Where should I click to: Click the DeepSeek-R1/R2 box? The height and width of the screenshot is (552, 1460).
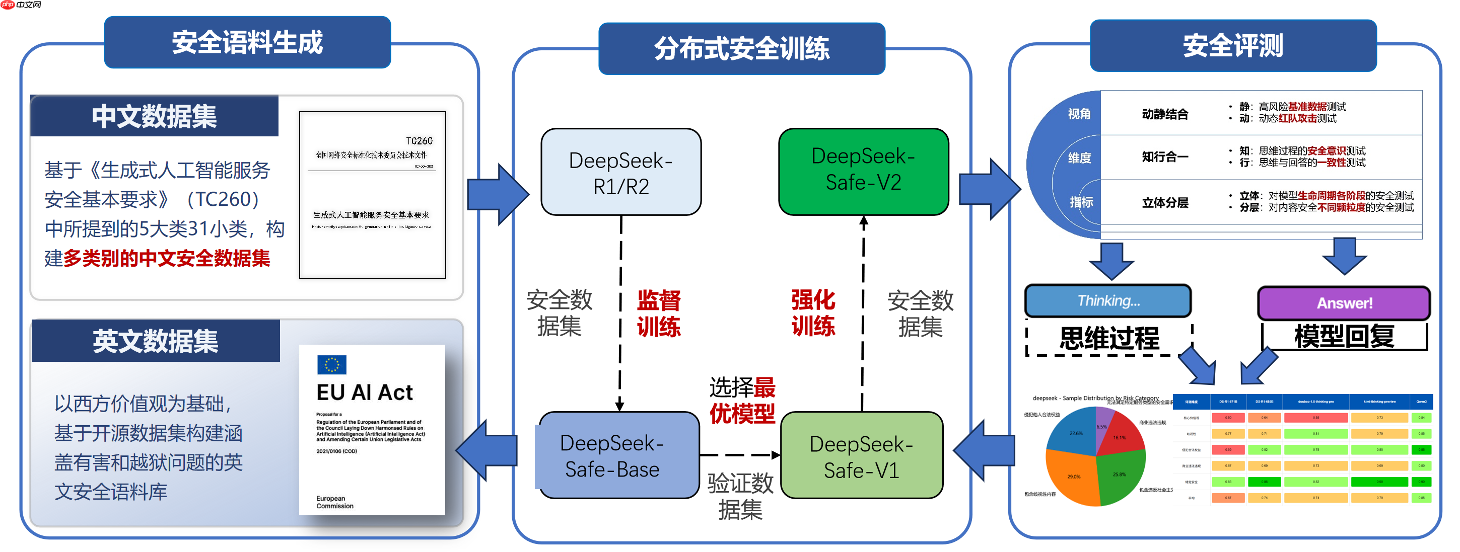pos(620,172)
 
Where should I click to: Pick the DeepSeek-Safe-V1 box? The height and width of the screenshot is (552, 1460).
pos(862,456)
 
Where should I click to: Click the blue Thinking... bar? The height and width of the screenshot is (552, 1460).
pos(1107,300)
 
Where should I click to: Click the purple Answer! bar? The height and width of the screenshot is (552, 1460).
pos(1344,303)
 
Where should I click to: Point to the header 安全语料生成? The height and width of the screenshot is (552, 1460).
pos(247,42)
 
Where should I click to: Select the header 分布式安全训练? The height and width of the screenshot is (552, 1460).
pos(741,49)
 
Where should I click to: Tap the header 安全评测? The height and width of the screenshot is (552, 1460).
pos(1233,45)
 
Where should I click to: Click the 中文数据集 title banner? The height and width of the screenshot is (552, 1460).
pos(154,117)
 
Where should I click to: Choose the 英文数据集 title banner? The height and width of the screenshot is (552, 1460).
pos(155,341)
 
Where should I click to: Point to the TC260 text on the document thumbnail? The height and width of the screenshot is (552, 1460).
pos(419,140)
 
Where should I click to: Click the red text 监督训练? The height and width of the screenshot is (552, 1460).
pos(658,313)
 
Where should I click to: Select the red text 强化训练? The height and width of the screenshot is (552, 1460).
pos(813,313)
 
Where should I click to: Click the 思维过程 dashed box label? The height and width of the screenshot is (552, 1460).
pos(1108,339)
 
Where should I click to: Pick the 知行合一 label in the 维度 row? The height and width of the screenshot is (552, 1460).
pos(1164,157)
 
